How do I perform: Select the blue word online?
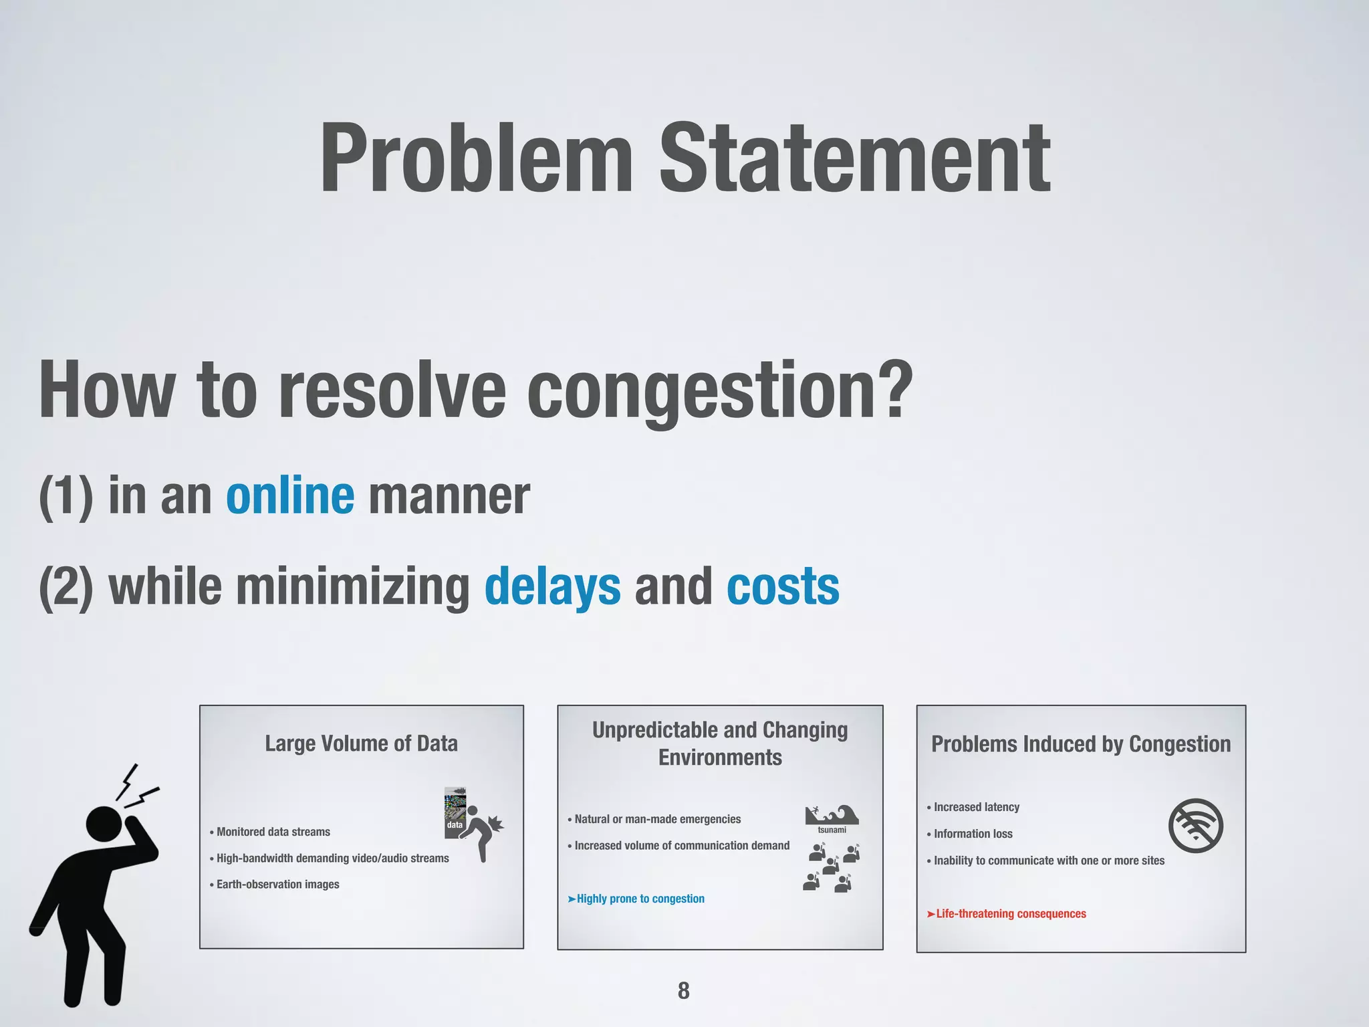(x=290, y=496)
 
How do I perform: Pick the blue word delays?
(x=552, y=586)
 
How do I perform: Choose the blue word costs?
(x=783, y=586)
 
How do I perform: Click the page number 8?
(x=683, y=990)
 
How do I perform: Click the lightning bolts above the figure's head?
(x=137, y=786)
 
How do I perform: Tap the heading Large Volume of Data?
(x=361, y=744)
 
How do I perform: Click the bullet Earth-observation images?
(x=277, y=885)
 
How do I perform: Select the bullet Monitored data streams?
(x=273, y=832)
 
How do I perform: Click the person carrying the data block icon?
(x=478, y=829)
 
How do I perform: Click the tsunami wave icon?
(x=832, y=815)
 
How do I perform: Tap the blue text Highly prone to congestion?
(x=640, y=899)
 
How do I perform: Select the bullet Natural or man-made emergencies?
(x=657, y=819)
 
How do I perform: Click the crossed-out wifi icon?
(x=1195, y=826)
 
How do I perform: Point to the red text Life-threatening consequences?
(x=1010, y=914)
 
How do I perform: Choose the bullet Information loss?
(x=973, y=834)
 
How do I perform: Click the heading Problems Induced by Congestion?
(x=1081, y=744)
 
